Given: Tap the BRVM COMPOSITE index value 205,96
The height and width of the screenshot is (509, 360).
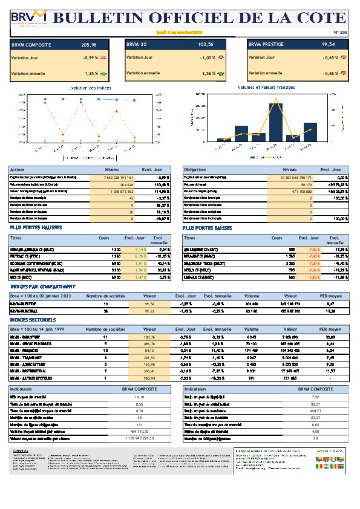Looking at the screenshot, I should (89, 45).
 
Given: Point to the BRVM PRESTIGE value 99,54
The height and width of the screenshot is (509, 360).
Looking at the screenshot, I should (329, 45).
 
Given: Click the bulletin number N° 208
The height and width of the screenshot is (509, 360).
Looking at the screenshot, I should (340, 32).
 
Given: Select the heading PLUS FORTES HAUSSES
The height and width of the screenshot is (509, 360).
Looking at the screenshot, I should (36, 228).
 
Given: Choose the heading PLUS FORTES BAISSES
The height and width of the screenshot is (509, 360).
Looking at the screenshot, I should (208, 228).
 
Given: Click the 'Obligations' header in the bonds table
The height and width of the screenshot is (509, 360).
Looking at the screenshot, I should (195, 170).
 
